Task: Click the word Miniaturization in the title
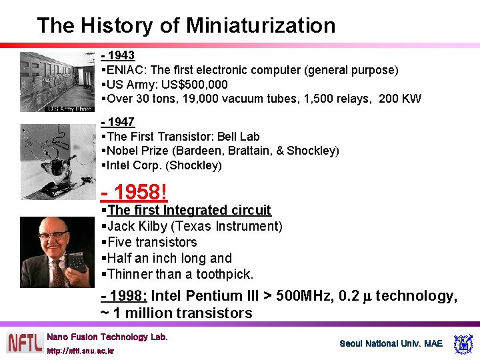tap(261, 25)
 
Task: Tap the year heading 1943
tap(121, 55)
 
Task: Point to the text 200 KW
tap(400, 99)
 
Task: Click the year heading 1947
tap(121, 122)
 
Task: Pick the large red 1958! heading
tap(136, 193)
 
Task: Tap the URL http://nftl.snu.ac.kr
tap(80, 351)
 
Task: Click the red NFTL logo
tap(25, 343)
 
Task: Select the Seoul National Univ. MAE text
tap(391, 344)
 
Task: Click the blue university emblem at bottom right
tap(463, 344)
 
